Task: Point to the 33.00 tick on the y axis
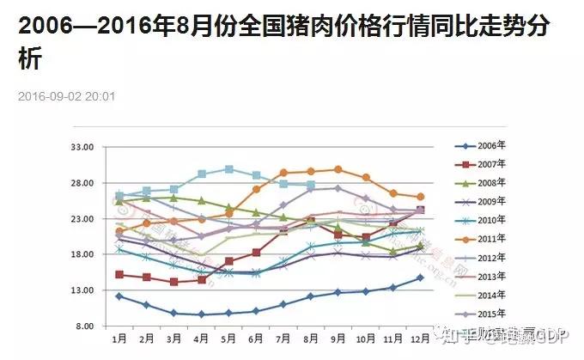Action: (x=82, y=147)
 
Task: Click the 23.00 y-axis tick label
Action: (x=82, y=219)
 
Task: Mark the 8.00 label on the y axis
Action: (x=84, y=326)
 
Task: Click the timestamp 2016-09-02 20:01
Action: (x=78, y=96)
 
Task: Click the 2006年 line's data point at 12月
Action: (x=420, y=278)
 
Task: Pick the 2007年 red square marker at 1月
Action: (x=119, y=275)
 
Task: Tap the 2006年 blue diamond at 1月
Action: (x=119, y=296)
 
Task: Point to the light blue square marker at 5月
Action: (x=228, y=169)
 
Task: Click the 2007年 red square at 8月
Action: (x=311, y=222)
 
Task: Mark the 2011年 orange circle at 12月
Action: (x=420, y=197)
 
